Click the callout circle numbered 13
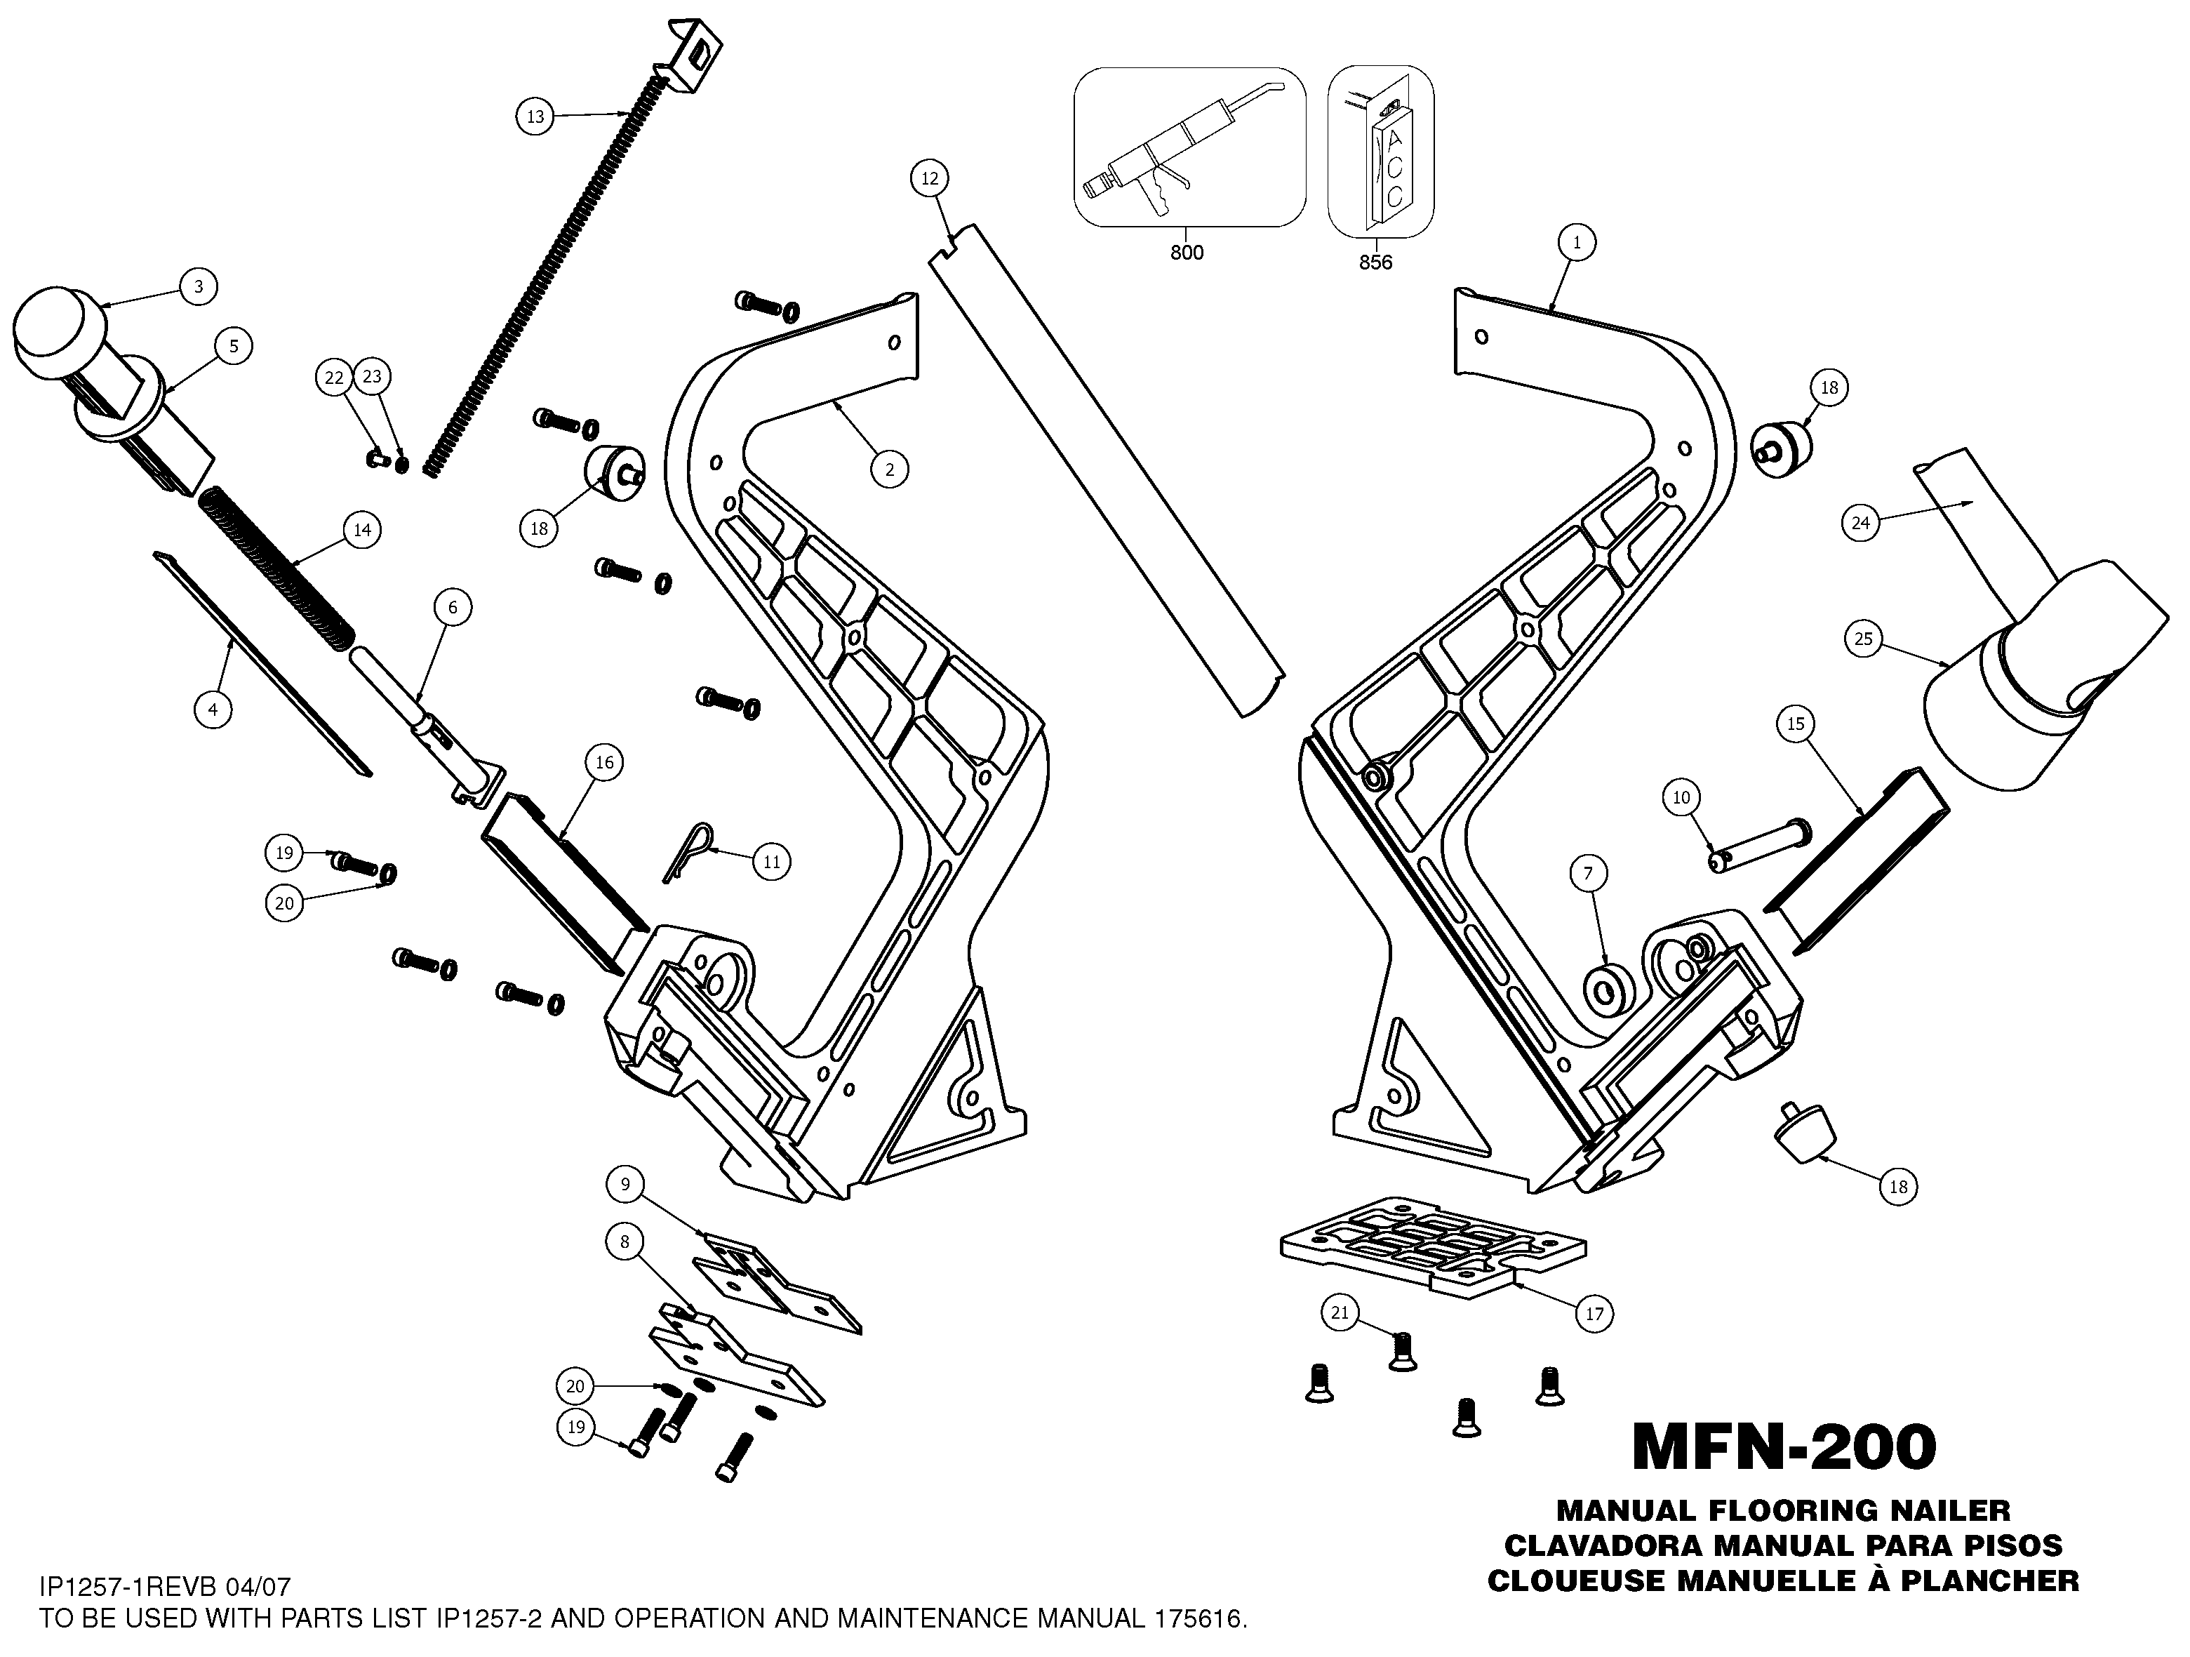click(535, 117)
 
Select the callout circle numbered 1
click(1576, 241)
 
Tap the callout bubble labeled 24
click(1860, 522)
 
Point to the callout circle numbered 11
click(771, 862)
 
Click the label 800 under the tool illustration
click(1186, 253)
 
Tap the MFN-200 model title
click(1783, 1447)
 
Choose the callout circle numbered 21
click(1340, 1313)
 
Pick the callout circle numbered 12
click(928, 178)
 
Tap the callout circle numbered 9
click(625, 1183)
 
